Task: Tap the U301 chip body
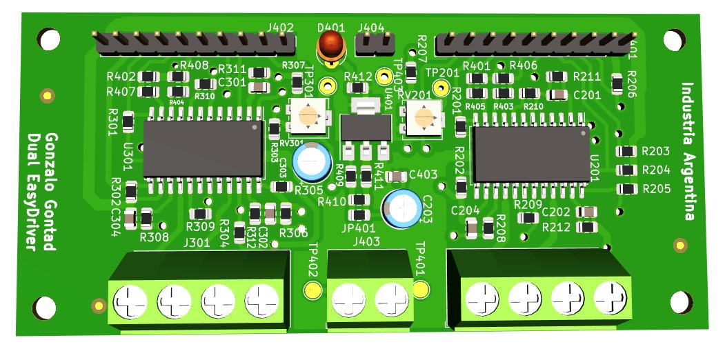pyautogui.click(x=203, y=148)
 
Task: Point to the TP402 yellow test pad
pyautogui.click(x=312, y=290)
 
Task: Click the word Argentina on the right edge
pyautogui.click(x=687, y=182)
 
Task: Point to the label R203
pyautogui.click(x=655, y=152)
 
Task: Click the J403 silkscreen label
pyautogui.click(x=366, y=241)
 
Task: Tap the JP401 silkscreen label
pyautogui.click(x=358, y=228)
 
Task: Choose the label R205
pyautogui.click(x=655, y=188)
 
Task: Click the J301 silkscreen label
pyautogui.click(x=197, y=243)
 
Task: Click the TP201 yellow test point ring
pyautogui.click(x=445, y=88)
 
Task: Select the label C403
pyautogui.click(x=423, y=175)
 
